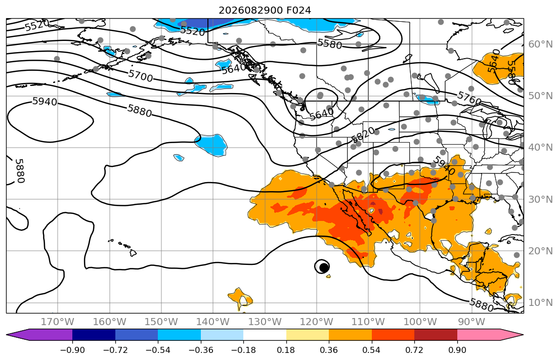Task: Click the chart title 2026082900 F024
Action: click(265, 10)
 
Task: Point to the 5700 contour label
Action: click(141, 76)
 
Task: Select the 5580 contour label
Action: click(330, 44)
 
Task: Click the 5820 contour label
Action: click(363, 134)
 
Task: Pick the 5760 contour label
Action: click(469, 98)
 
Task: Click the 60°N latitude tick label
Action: click(540, 44)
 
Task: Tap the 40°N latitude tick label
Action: click(540, 147)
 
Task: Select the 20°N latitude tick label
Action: click(540, 251)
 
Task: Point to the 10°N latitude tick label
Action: click(540, 303)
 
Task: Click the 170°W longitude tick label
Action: click(58, 322)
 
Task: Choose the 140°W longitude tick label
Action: click(213, 322)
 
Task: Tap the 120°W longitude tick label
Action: click(317, 322)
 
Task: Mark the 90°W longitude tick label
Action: click(471, 322)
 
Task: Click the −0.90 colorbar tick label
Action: click(72, 350)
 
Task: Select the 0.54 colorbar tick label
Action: click(371, 350)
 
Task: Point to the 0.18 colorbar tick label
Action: click(286, 350)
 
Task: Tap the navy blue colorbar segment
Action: click(94, 335)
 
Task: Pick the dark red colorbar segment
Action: click(436, 335)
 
